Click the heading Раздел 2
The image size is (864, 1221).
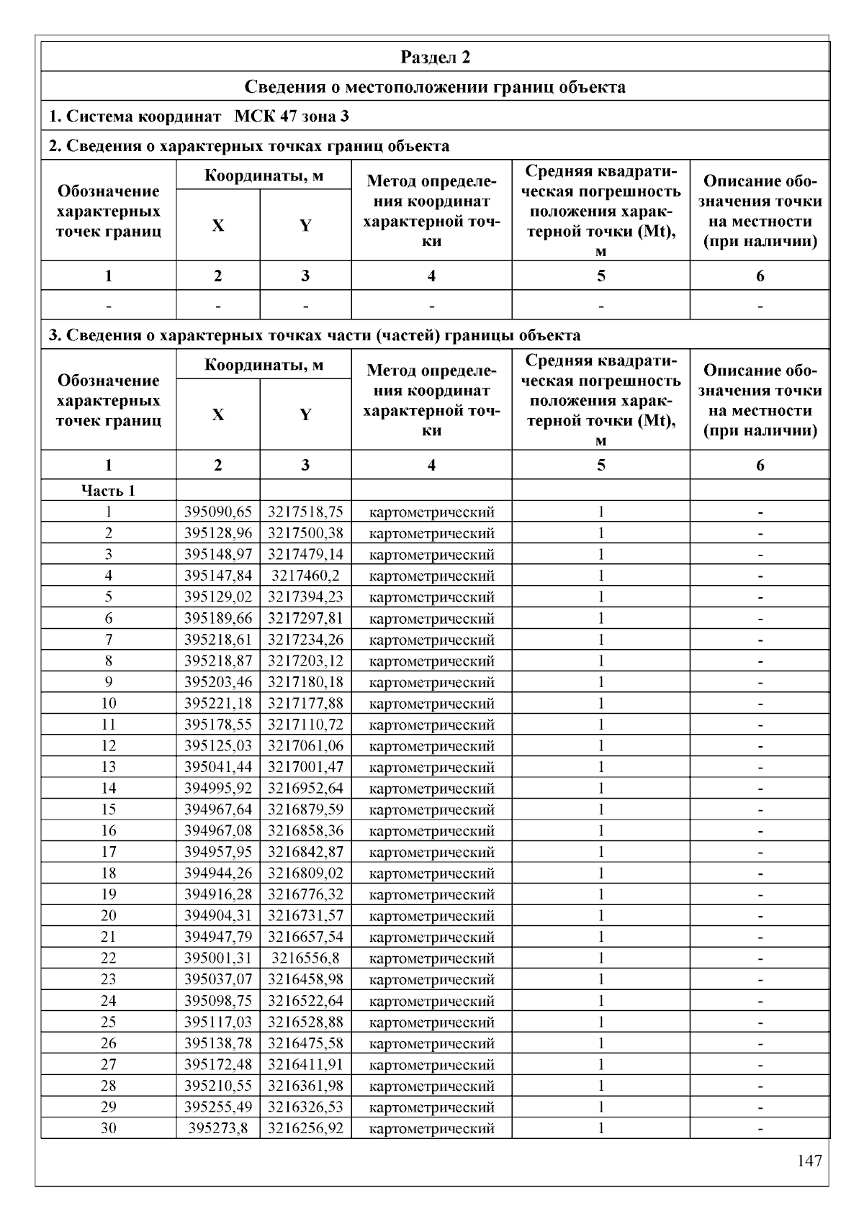pyautogui.click(x=435, y=58)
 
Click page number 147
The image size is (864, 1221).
pyautogui.click(x=809, y=1161)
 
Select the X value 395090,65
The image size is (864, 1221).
pyautogui.click(x=218, y=512)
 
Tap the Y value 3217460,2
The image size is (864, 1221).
pyautogui.click(x=305, y=576)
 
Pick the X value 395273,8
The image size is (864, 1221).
pyautogui.click(x=218, y=1128)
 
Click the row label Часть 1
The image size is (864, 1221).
pyautogui.click(x=108, y=491)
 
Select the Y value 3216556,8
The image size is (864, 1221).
pyautogui.click(x=305, y=958)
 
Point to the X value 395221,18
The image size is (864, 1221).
pyautogui.click(x=218, y=703)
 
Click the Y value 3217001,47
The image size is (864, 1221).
pyautogui.click(x=305, y=767)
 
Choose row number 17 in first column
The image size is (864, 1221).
pyautogui.click(x=108, y=852)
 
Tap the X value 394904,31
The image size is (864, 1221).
pyautogui.click(x=218, y=916)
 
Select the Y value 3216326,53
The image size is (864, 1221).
pyautogui.click(x=305, y=1107)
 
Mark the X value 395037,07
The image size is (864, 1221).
pyautogui.click(x=218, y=979)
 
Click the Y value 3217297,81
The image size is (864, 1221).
pyautogui.click(x=305, y=618)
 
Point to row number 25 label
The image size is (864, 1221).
pyautogui.click(x=108, y=1022)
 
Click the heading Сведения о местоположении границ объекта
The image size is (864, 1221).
pyautogui.click(x=435, y=87)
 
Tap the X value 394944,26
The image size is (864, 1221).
pyautogui.click(x=218, y=873)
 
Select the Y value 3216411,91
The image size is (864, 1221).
pyautogui.click(x=305, y=1064)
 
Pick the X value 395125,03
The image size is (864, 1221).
pyautogui.click(x=218, y=745)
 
